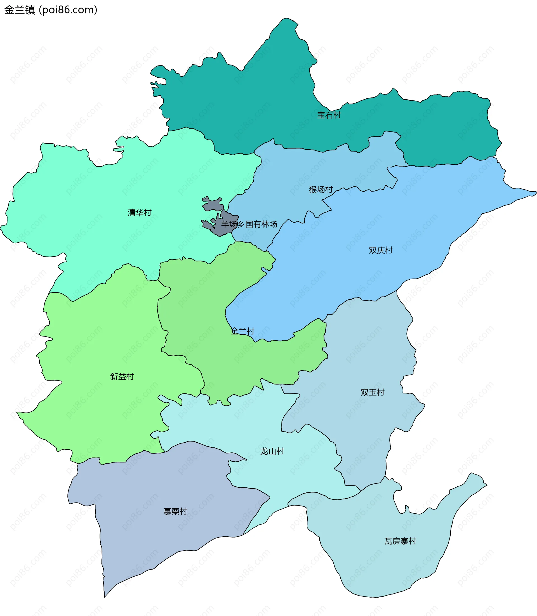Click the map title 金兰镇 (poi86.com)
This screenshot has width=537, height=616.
[51, 10]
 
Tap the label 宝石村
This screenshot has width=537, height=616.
[329, 115]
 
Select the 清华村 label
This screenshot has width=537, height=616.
[139, 213]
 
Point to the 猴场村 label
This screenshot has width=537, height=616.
[321, 189]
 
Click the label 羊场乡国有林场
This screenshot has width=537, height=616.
[249, 224]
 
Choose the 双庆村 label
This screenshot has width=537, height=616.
[380, 250]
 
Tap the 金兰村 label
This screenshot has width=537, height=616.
[242, 331]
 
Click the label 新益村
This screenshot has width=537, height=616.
[122, 377]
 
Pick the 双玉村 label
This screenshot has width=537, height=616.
[372, 392]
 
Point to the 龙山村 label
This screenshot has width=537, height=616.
[272, 451]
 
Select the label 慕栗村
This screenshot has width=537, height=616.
[175, 511]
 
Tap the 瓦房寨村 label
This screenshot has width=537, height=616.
[400, 541]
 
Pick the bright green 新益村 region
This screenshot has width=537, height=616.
[99, 344]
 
